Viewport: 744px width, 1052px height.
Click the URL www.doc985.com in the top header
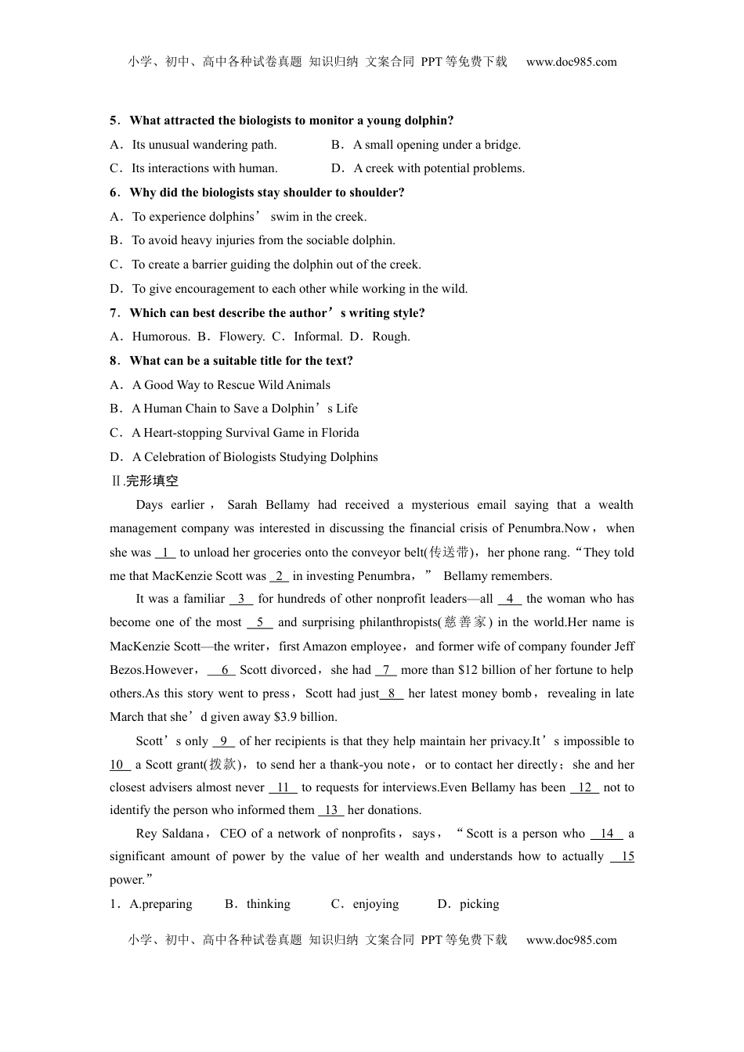pos(571,62)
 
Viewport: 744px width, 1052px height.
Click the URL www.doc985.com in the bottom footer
pos(571,940)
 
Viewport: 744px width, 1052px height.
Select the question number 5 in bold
pos(114,121)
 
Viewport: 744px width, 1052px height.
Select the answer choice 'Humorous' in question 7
pos(161,337)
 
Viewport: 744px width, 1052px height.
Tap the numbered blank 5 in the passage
pos(259,622)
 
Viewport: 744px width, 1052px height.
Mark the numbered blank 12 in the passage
pos(584,787)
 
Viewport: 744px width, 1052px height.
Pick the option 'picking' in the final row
pos(479,904)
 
